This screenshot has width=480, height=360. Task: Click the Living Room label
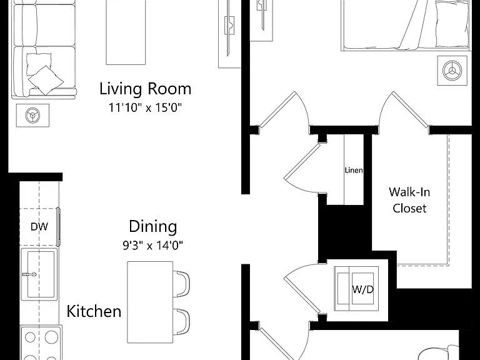point(146,89)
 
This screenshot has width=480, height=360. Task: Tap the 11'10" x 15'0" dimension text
point(146,107)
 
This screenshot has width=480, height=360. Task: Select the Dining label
point(152,227)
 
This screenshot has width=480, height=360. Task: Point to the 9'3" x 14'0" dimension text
point(152,245)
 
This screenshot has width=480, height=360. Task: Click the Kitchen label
point(94,311)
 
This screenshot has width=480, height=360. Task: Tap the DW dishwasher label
point(39,227)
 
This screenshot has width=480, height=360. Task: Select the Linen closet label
point(354,170)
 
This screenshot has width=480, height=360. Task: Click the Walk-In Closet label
point(409,200)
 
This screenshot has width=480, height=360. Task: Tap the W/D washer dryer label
point(363,289)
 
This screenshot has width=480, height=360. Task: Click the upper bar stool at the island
point(182,284)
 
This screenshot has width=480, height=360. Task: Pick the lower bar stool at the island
point(182,322)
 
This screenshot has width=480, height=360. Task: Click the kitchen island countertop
point(150,302)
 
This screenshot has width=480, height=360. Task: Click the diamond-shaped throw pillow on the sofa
point(46,80)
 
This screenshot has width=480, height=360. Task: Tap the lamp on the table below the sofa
point(32,116)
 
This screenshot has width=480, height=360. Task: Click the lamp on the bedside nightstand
point(452,71)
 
